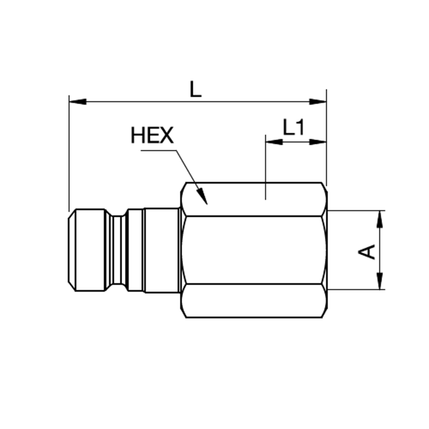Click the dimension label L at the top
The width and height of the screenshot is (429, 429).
click(196, 89)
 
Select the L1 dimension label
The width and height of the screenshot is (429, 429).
click(293, 127)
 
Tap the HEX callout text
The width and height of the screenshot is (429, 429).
click(152, 135)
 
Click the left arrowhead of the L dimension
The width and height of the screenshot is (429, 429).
click(78, 102)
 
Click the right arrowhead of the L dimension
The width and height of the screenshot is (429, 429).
click(317, 102)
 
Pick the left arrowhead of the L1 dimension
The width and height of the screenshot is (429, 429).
click(274, 142)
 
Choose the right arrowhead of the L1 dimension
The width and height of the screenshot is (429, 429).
click(317, 142)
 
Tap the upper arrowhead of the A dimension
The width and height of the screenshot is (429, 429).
click(380, 219)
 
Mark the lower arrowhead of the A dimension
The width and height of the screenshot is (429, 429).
click(380, 281)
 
